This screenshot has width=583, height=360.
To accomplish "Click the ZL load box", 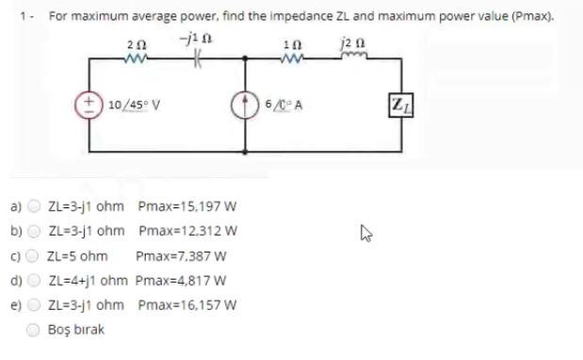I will pos(401,103).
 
